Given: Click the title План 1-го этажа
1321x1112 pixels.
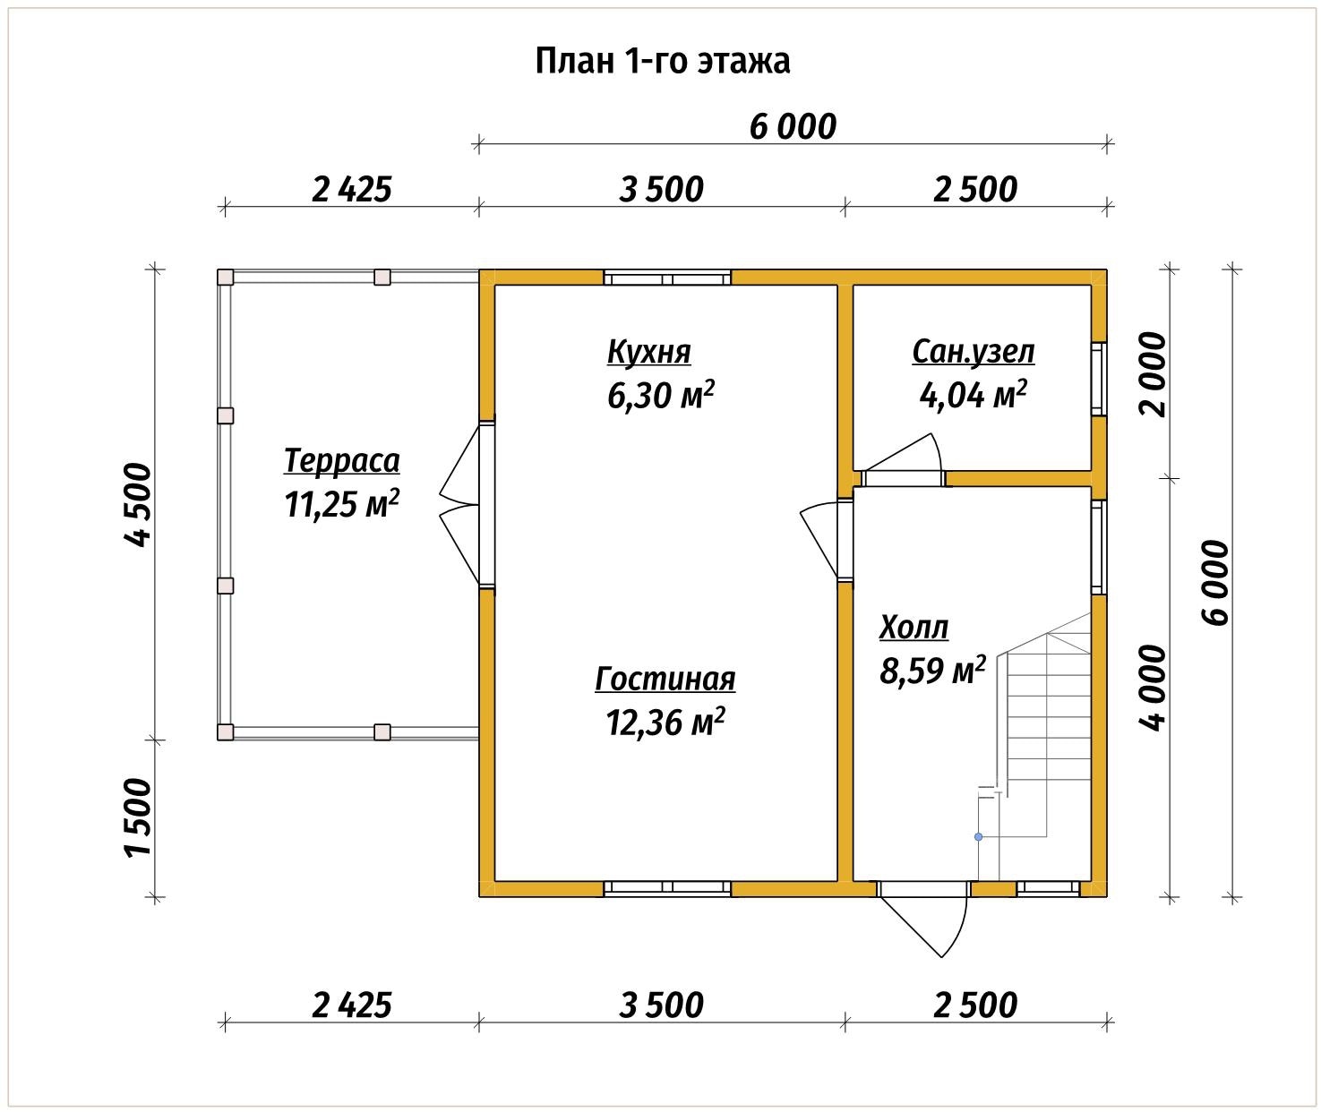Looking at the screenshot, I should (x=663, y=62).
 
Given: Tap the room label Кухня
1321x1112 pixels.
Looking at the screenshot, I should (x=648, y=352).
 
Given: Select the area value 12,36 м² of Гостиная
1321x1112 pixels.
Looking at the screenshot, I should (x=665, y=722).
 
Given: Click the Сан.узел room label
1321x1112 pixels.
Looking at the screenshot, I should (x=973, y=352).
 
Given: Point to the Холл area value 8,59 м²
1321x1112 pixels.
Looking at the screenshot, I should (x=932, y=671).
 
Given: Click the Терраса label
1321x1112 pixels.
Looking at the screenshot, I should (x=341, y=461).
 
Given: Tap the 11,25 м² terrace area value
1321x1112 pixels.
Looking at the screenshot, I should (x=341, y=505).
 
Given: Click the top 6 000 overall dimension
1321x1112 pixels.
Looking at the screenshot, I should (x=793, y=127).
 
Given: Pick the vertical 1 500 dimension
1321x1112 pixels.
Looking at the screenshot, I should (x=140, y=817).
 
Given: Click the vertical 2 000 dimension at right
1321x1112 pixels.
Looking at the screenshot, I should (x=1154, y=374).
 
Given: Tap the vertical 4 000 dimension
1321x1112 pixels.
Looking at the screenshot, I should (x=1154, y=687).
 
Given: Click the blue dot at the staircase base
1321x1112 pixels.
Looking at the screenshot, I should (x=978, y=837).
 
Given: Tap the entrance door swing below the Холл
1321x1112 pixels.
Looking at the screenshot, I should (x=931, y=922).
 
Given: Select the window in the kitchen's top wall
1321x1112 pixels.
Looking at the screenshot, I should (x=667, y=278).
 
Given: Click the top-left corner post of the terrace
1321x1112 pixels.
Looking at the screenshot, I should (x=226, y=278).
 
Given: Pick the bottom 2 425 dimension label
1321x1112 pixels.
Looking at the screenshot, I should (x=352, y=1005).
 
